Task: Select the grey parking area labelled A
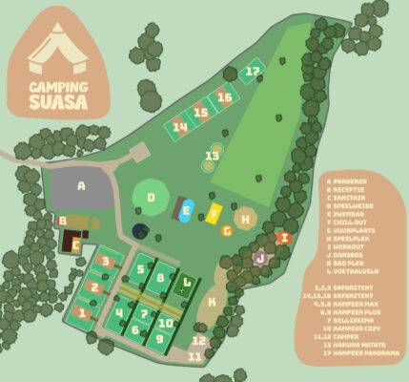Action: point(81,189)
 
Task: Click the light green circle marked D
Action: point(151,199)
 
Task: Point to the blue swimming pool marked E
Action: point(186,211)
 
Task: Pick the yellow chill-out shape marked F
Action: point(215,212)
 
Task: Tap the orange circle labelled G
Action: point(226,230)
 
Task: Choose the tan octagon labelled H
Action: point(246,219)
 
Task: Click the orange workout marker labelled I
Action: point(283,238)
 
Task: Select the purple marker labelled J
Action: point(260,258)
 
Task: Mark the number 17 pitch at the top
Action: point(252,71)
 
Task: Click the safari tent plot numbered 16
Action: point(224,97)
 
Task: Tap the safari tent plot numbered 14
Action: point(178,127)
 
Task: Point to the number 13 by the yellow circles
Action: point(212,156)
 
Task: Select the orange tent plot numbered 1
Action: point(83,312)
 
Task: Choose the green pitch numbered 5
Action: point(140,269)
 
